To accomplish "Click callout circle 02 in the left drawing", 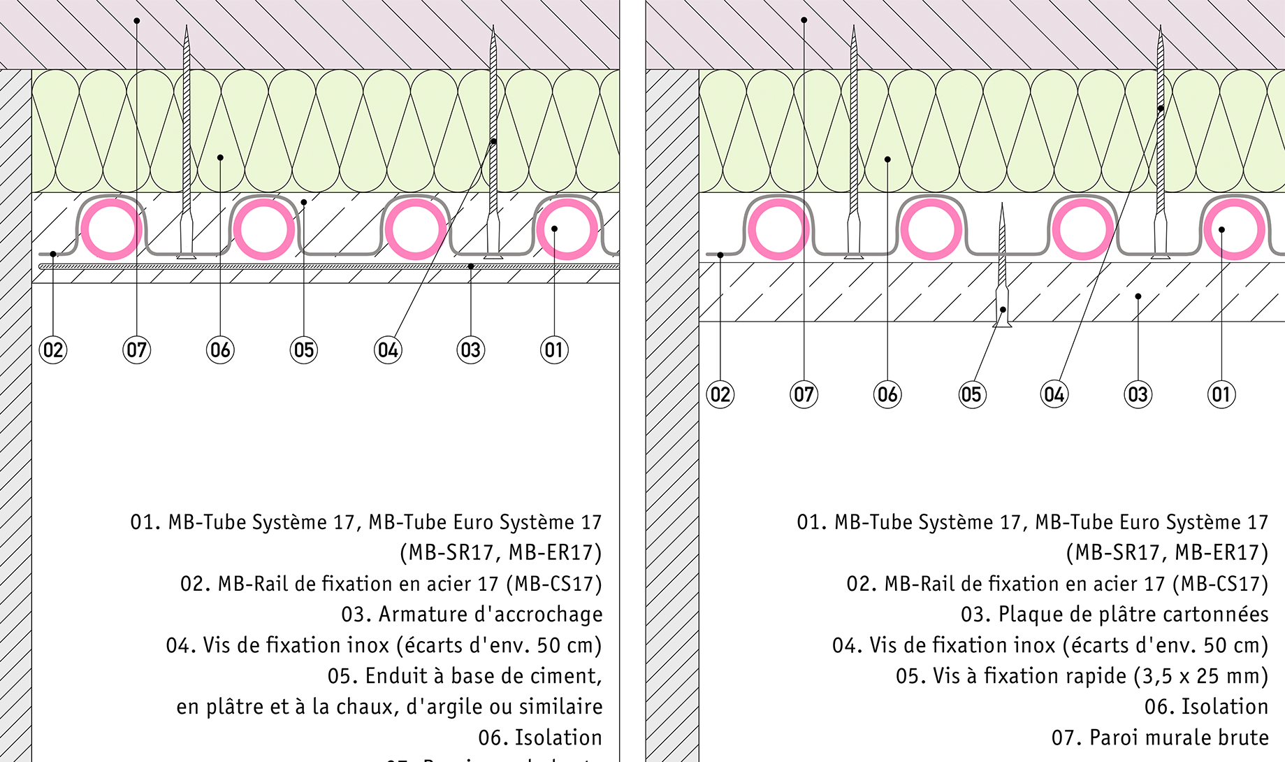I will click(x=53, y=350).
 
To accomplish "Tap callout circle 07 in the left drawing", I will click(x=137, y=350).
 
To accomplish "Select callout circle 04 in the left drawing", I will click(x=388, y=350).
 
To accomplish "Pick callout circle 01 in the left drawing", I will click(x=554, y=350).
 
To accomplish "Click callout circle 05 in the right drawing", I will click(x=971, y=395).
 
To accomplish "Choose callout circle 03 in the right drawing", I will click(x=1138, y=395).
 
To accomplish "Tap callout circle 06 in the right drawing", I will click(x=887, y=395).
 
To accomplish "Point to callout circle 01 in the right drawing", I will click(x=1221, y=395).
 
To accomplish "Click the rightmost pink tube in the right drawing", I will click(x=1234, y=229).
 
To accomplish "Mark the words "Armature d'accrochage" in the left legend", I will click(x=490, y=614).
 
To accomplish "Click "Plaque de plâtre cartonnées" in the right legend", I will click(x=1133, y=614).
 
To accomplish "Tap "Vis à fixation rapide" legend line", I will click(x=1082, y=676).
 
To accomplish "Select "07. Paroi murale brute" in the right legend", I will click(x=1160, y=738).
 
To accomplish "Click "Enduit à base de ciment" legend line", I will click(x=465, y=676).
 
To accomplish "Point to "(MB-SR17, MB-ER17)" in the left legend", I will click(x=500, y=553).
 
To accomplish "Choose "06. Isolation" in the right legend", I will click(x=1206, y=707).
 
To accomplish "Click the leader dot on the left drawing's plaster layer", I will click(x=304, y=203).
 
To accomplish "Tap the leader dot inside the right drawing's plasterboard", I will click(x=1138, y=296).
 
